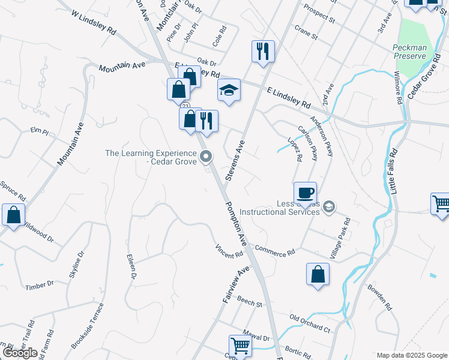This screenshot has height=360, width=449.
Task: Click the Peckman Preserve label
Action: pos(409,52)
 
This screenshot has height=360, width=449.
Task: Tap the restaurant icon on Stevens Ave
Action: pos(263,51)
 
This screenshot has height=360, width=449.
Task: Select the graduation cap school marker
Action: pos(229,91)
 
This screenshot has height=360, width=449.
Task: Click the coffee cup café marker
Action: pos(305,193)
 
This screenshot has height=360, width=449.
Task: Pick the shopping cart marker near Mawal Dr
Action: pos(240,346)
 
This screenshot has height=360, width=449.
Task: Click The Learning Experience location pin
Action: pos(206,157)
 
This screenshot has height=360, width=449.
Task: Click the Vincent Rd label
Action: pos(229,251)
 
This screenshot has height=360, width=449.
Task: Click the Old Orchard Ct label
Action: pos(310,323)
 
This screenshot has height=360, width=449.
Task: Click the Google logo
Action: pos(20,353)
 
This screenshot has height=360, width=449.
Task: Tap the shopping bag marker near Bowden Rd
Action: pos(318,275)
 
